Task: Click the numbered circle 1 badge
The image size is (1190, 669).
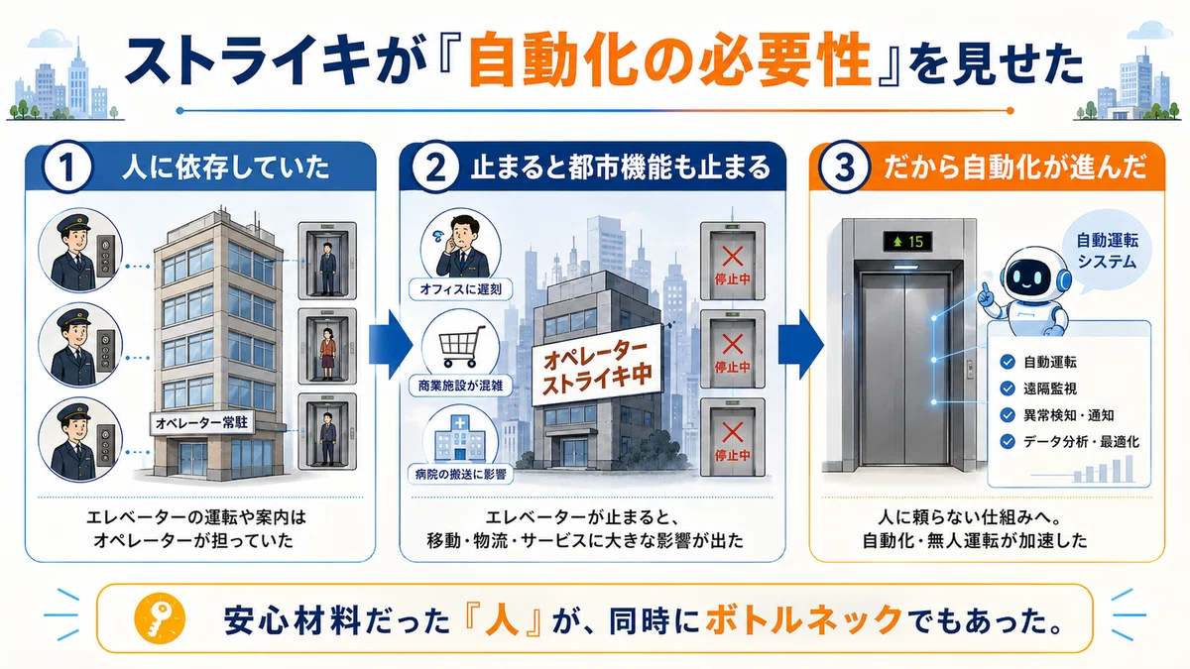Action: coord(66,167)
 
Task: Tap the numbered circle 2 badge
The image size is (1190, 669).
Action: coord(436,167)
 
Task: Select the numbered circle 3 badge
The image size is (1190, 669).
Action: coord(845,167)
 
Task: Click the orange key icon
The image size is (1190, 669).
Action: coord(160,618)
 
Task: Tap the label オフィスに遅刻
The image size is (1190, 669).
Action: coord(460,289)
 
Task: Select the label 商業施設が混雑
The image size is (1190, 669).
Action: coord(460,386)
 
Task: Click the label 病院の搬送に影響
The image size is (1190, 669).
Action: coord(460,474)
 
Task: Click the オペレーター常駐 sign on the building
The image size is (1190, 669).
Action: coord(202,423)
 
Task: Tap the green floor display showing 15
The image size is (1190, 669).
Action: coord(907,242)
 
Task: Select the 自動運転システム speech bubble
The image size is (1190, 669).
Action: coord(1107,252)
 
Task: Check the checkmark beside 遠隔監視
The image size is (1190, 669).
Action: coord(1008,389)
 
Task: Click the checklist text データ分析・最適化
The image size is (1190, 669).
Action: coord(1081,442)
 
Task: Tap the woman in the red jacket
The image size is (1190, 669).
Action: coord(327,352)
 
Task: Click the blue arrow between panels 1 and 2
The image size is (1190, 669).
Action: coord(391,345)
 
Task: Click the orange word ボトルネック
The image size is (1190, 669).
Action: coord(804,619)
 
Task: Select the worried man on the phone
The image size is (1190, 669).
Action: coord(460,246)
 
